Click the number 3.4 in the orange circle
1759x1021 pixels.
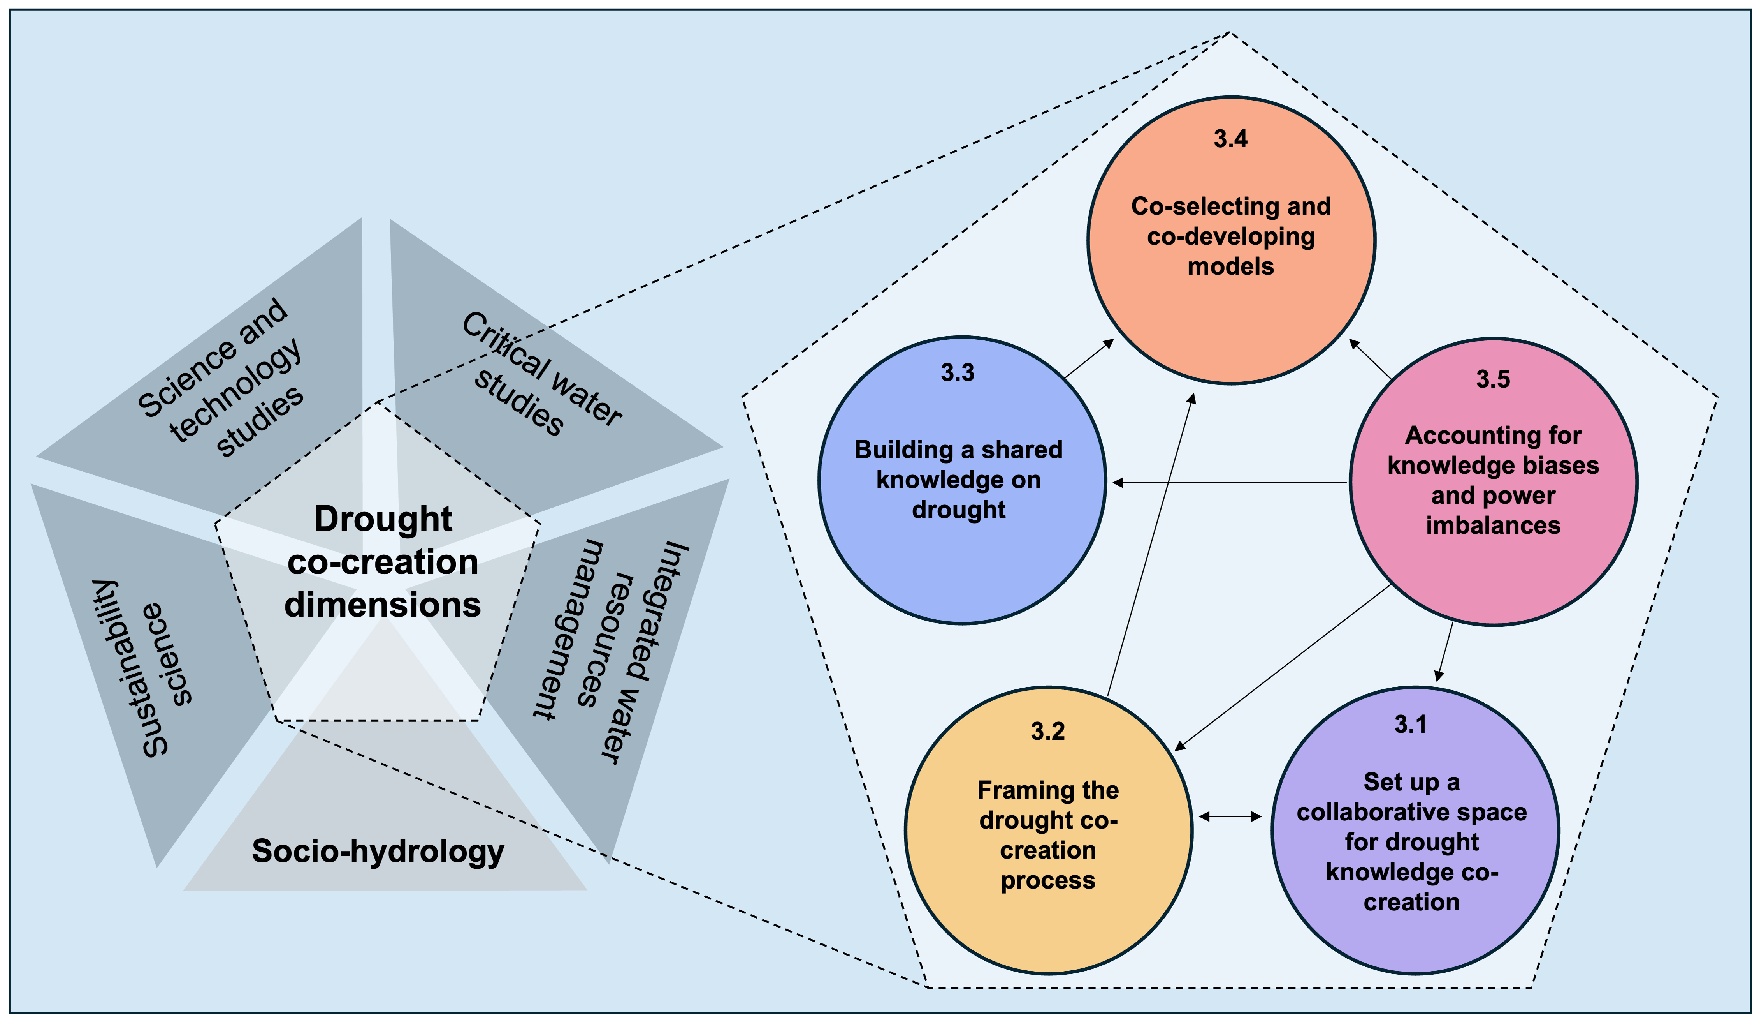pos(1231,139)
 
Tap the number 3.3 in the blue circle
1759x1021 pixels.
pos(958,373)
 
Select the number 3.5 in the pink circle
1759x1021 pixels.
pos(1493,379)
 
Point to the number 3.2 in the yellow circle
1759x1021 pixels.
pos(1048,731)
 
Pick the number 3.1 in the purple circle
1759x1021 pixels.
pos(1411,724)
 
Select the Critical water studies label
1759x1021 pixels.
pos(541,374)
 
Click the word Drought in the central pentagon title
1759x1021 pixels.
pos(383,519)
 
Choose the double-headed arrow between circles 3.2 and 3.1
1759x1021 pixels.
pos(1230,816)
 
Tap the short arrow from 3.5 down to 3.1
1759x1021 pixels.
pos(1445,651)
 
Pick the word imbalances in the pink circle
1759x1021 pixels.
pos(1493,525)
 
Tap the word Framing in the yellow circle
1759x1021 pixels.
pos(1012,790)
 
